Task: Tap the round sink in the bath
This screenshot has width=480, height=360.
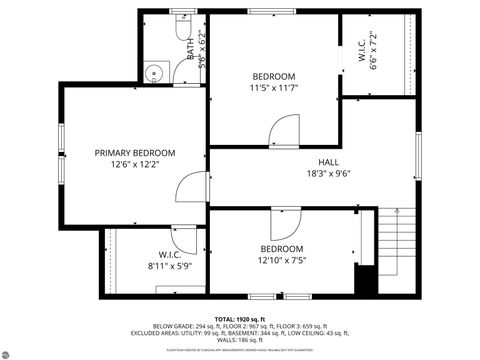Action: (153, 72)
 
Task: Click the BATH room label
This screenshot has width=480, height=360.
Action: (190, 48)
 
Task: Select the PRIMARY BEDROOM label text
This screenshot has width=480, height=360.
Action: (135, 153)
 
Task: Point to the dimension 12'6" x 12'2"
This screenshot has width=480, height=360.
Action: (135, 165)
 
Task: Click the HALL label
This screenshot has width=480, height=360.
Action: (328, 161)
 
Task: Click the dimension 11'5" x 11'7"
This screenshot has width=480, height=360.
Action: (273, 89)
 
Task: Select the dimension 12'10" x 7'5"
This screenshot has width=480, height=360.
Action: (282, 261)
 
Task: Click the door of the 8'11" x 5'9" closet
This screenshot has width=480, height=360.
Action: (184, 237)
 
